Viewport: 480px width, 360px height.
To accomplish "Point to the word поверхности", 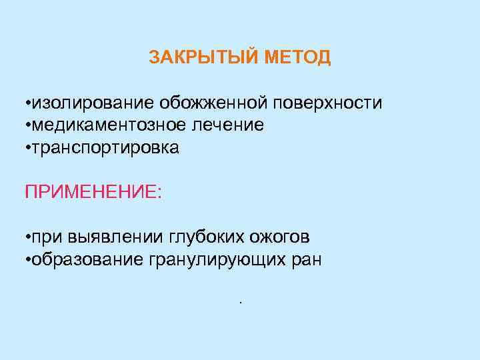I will [327, 103].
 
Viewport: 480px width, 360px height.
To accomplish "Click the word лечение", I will [229, 125].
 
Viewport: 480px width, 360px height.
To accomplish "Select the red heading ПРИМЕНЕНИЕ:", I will [93, 192].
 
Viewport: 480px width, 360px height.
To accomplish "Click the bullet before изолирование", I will [27, 104].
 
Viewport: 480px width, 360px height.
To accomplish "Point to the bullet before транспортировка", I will [27, 148].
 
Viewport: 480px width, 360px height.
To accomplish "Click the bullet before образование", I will [27, 259].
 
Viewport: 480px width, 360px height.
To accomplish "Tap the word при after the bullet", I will [46, 238].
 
